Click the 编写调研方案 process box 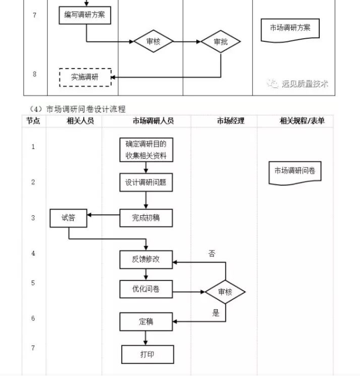point(85,15)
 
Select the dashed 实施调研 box point(85,77)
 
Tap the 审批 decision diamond point(221,42)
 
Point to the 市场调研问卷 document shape point(295,172)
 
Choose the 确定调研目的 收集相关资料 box point(146,150)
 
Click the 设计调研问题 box point(146,182)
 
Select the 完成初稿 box point(146,217)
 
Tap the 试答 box point(69,217)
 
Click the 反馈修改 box point(146,259)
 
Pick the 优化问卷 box point(146,289)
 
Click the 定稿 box point(146,321)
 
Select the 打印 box point(147,354)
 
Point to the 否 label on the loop point(212,254)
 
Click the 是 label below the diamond point(216,313)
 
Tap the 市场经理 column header point(231,121)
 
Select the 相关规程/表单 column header point(302,121)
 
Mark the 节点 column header point(33,121)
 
